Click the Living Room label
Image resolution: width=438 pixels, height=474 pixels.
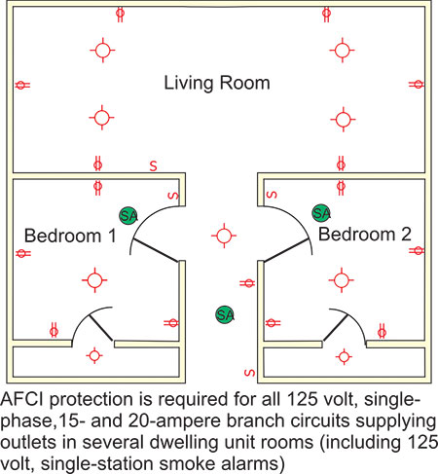click(217, 83)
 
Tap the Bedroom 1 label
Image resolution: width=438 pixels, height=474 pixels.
click(70, 236)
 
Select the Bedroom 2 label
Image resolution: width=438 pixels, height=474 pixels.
click(365, 234)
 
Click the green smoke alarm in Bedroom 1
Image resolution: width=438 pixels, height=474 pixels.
click(128, 216)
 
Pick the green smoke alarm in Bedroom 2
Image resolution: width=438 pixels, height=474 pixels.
click(321, 213)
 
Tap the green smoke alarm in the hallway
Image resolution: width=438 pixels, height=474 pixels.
click(225, 314)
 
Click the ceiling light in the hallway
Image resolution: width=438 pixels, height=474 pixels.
click(224, 236)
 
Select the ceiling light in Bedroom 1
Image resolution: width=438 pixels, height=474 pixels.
click(94, 280)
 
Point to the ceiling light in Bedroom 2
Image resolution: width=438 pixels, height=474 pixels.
click(342, 280)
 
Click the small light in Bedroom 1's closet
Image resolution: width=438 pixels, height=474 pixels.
click(94, 355)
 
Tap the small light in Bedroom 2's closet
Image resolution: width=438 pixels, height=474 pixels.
click(344, 357)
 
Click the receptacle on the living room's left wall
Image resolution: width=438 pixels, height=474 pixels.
click(22, 86)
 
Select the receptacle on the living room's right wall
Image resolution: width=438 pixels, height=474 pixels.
click(417, 85)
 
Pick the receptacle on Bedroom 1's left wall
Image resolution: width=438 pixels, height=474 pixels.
click(22, 253)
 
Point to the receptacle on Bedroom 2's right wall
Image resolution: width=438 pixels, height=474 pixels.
click(417, 250)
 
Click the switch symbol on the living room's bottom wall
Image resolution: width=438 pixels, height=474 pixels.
click(153, 165)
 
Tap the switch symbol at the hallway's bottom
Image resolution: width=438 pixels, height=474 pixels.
click(249, 373)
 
